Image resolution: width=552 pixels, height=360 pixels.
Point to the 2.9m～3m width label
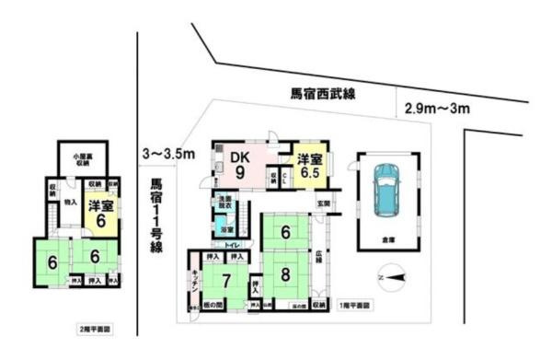pos(437,109)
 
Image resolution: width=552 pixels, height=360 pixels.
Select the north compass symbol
pos(392,275)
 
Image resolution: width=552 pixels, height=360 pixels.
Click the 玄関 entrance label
pos(325,203)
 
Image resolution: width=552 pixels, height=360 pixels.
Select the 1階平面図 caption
pos(354,305)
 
